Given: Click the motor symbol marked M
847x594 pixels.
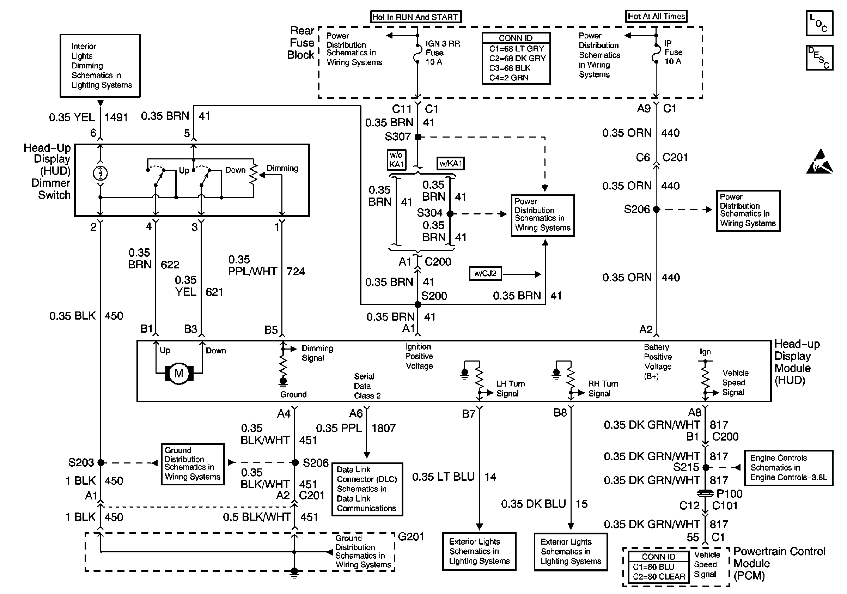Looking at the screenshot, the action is coord(179,374).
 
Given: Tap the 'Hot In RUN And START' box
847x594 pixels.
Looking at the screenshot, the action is coord(416,17).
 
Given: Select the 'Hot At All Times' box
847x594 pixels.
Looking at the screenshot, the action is coord(656,16).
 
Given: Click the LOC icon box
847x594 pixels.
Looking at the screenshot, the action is coord(819,23).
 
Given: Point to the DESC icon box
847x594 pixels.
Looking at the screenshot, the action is coord(819,57).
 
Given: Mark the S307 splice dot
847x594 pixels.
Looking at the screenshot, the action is coord(418,137).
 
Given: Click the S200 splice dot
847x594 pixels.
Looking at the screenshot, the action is coord(418,304).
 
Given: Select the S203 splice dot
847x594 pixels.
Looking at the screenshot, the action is coord(100,463).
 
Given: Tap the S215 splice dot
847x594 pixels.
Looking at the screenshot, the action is coord(705,467).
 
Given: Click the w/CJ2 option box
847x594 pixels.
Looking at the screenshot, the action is coord(485,274).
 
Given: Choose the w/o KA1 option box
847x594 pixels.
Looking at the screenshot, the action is coord(397,160).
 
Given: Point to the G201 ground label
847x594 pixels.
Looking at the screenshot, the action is coord(411,537).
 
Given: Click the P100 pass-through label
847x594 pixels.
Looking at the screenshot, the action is coord(729,493).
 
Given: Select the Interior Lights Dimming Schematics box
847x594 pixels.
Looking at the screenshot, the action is coord(100,66).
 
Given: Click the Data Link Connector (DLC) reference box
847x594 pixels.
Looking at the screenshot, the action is coord(367,489).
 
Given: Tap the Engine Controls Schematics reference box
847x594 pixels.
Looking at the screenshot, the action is coord(789,468).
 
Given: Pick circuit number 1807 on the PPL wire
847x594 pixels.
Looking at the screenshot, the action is coord(384,428).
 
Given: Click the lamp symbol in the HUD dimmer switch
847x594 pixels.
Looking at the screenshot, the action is coord(100,173).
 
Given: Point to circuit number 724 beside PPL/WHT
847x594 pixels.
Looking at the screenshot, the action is coord(296,272).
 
